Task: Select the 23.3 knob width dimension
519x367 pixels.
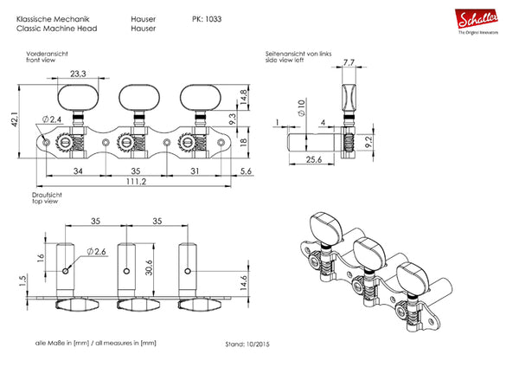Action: tap(78, 74)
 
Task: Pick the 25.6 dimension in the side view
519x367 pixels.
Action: tap(313, 159)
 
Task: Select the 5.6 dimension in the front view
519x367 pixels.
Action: tap(246, 171)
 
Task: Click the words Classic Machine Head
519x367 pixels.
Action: tap(57, 29)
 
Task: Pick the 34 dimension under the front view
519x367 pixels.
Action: tap(78, 171)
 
